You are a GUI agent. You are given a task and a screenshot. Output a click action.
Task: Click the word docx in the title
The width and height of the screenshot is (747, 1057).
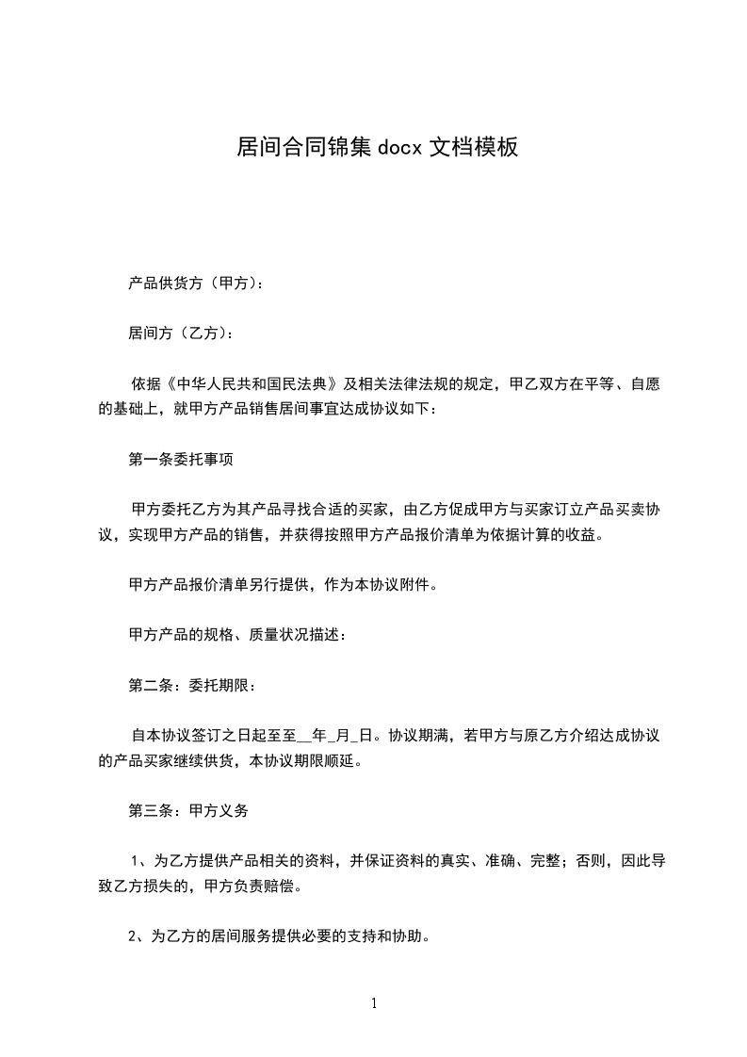click(x=400, y=148)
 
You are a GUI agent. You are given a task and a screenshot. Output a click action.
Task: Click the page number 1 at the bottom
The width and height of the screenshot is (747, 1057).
click(x=374, y=1003)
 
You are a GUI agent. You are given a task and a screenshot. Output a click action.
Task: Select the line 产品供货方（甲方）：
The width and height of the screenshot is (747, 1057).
click(x=196, y=283)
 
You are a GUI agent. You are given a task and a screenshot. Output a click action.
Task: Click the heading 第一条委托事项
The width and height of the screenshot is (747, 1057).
click(x=181, y=461)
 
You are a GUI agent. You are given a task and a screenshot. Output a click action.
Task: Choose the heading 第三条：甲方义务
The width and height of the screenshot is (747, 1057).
click(x=188, y=809)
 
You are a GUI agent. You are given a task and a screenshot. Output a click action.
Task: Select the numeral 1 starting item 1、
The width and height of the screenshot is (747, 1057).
click(x=137, y=860)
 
